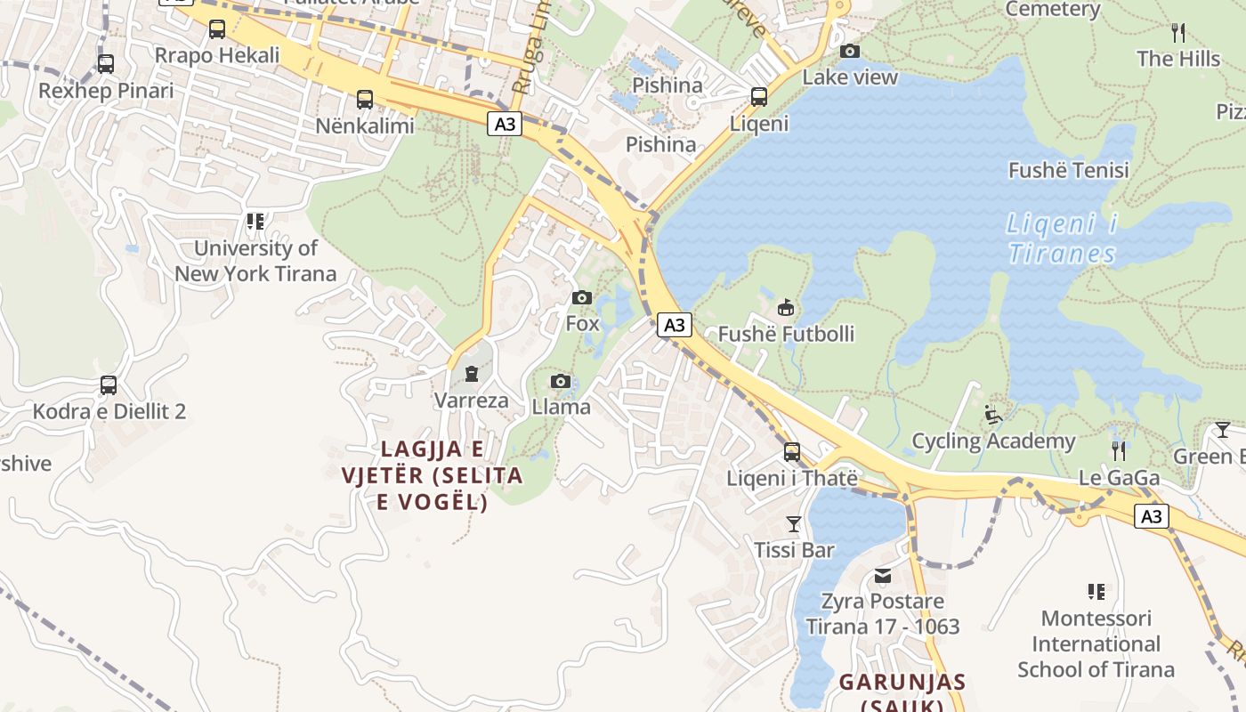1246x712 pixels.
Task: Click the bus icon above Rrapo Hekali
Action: pos(217,29)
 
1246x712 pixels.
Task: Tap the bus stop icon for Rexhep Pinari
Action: pos(106,64)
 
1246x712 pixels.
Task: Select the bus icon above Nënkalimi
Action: pos(364,100)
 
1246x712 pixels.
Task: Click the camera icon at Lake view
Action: pos(850,51)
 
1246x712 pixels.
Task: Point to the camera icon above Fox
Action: pos(582,297)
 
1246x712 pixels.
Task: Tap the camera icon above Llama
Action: pos(560,382)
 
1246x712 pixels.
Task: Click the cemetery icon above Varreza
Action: pos(472,374)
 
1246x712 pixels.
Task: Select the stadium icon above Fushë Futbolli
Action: pos(786,308)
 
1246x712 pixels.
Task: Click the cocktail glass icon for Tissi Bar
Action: pos(794,524)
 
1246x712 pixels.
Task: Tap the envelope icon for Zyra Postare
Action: pos(883,576)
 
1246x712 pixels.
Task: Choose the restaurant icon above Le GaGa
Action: pos(1119,451)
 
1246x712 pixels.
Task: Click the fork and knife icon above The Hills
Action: pos(1178,34)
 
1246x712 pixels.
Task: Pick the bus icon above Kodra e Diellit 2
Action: pos(109,385)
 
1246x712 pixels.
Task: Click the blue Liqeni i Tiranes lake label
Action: pos(1062,239)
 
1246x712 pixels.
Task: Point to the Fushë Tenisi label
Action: pos(1068,170)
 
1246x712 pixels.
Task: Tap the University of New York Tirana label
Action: pos(255,261)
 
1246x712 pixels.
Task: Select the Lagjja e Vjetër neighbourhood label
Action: pos(433,475)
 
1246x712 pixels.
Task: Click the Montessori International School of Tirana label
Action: pos(1096,643)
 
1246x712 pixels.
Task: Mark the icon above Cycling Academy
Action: pos(993,415)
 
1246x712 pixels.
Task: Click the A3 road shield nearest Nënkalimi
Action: pos(505,125)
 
